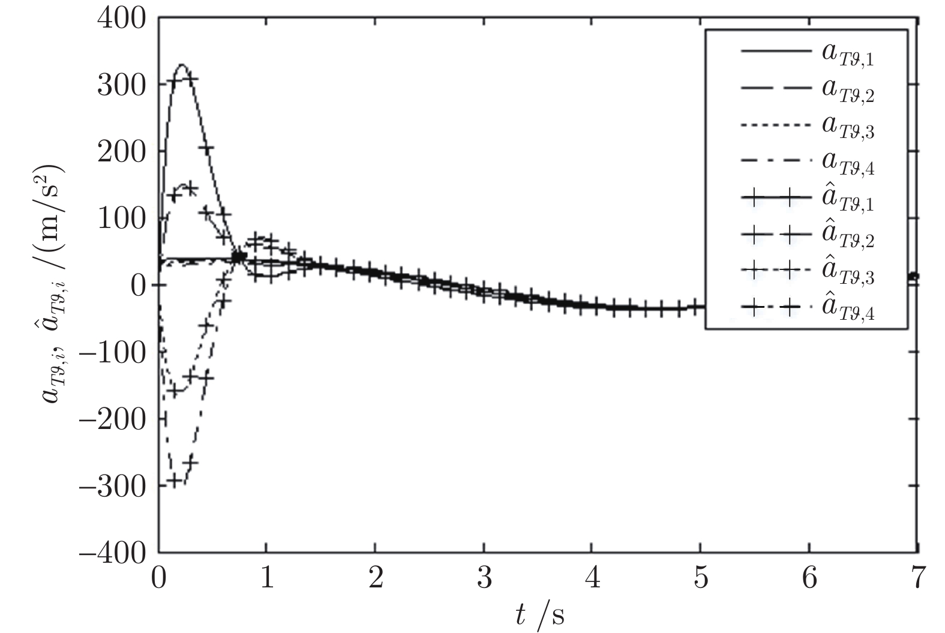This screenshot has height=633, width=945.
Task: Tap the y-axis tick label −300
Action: point(113,485)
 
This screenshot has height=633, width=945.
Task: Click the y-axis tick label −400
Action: point(113,551)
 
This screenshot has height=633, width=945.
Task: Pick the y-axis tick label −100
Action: point(113,352)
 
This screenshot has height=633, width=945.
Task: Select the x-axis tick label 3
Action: point(484,580)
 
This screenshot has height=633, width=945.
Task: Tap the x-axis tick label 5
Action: point(701,580)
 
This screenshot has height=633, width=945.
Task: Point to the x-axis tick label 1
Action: point(267,580)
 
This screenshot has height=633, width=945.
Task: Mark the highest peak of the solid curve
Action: point(182,64)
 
